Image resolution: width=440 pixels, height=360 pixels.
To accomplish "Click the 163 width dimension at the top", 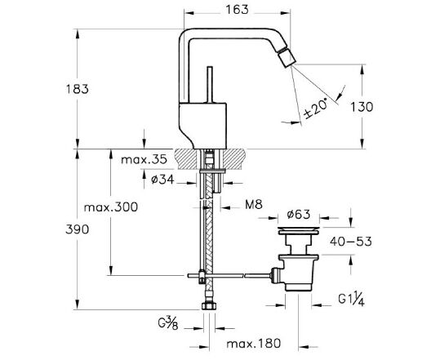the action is click(237, 10).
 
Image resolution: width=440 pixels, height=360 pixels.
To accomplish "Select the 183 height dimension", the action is click(78, 89).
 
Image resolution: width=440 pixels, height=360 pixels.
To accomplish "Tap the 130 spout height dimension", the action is click(362, 107).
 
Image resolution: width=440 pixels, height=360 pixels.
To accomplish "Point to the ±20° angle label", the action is click(316, 109).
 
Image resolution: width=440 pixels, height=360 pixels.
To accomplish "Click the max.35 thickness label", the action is click(144, 160).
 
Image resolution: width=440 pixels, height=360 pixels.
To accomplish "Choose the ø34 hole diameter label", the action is click(162, 180).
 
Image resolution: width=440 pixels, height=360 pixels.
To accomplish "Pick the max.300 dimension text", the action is click(111, 207).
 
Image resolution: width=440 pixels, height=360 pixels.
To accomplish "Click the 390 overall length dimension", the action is click(78, 229).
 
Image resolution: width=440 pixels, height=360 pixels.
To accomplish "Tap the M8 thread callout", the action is click(254, 205).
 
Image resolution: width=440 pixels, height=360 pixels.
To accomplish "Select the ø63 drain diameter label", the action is click(299, 215).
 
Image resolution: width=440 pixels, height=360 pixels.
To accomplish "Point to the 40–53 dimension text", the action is click(351, 242).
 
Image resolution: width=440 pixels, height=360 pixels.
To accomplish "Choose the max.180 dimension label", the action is click(254, 344).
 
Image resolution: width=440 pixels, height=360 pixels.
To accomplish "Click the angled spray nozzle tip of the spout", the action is click(286, 57).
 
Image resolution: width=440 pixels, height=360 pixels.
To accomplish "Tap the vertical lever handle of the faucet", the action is click(210, 85).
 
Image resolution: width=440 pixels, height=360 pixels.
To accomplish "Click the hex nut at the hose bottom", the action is click(209, 305).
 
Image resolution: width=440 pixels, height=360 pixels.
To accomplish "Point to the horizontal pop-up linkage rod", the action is click(229, 276).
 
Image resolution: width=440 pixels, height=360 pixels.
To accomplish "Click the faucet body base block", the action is click(202, 126).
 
